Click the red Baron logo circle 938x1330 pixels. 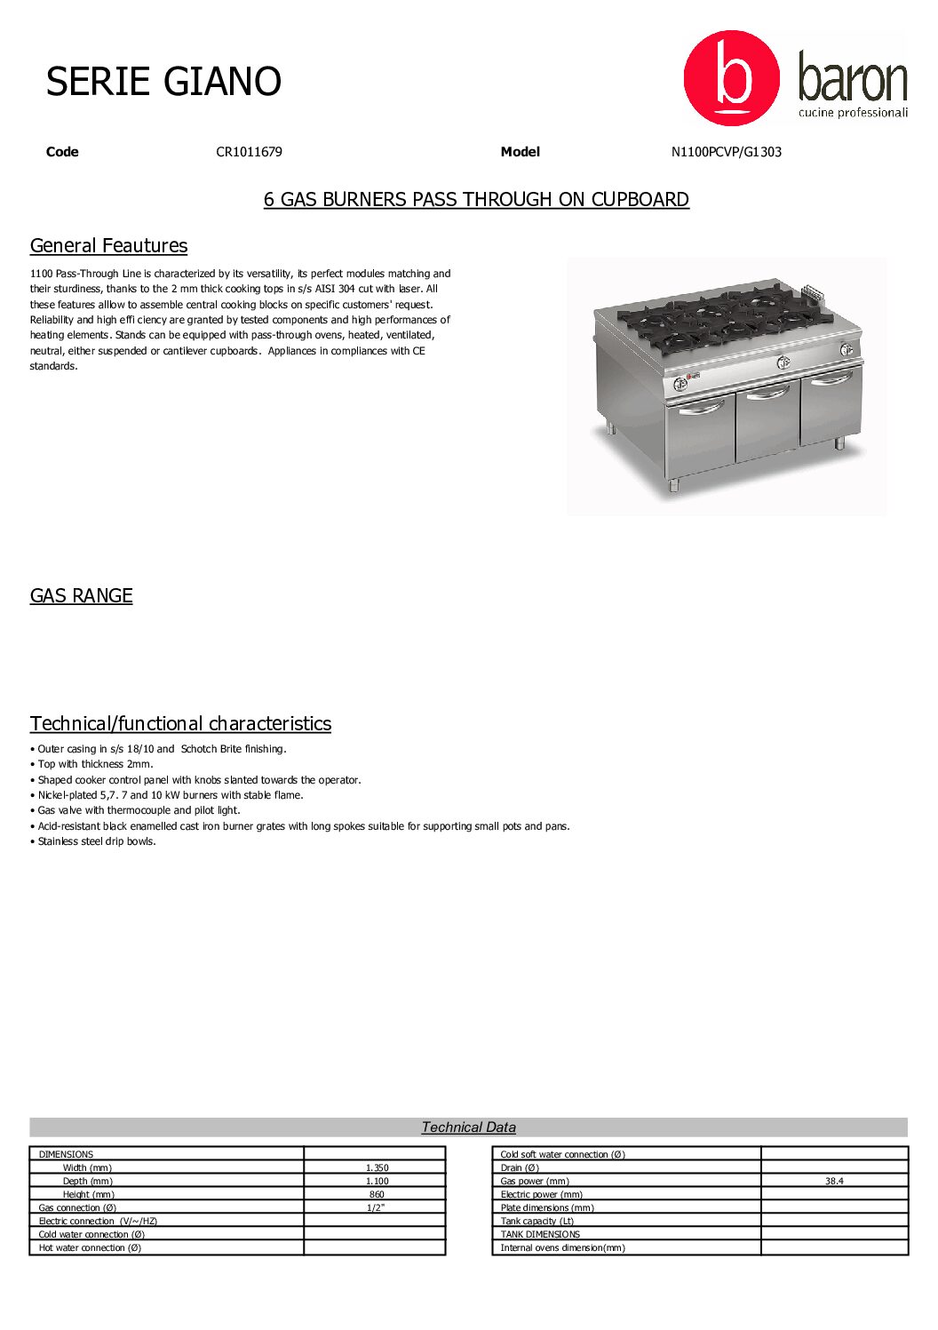tap(731, 78)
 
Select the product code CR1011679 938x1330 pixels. tap(249, 152)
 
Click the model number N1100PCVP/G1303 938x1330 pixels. tap(726, 152)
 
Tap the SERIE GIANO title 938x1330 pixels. tap(163, 82)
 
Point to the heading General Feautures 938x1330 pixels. tap(108, 246)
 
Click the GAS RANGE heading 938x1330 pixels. tap(81, 596)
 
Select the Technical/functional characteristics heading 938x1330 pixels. tap(180, 724)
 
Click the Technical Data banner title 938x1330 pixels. tap(468, 1127)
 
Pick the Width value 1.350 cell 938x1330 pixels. tap(377, 1167)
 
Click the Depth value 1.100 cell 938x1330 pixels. tap(377, 1181)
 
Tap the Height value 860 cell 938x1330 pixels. tap(377, 1194)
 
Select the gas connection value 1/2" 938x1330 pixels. tap(377, 1207)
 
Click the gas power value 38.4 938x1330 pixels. tap(834, 1181)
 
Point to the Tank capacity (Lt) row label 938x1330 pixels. tap(537, 1221)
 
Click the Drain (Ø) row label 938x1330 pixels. tap(520, 1167)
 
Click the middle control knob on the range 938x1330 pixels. tap(783, 362)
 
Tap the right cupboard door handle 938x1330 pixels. tap(831, 380)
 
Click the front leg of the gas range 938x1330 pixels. tap(673, 485)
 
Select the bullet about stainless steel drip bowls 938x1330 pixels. tap(96, 841)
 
